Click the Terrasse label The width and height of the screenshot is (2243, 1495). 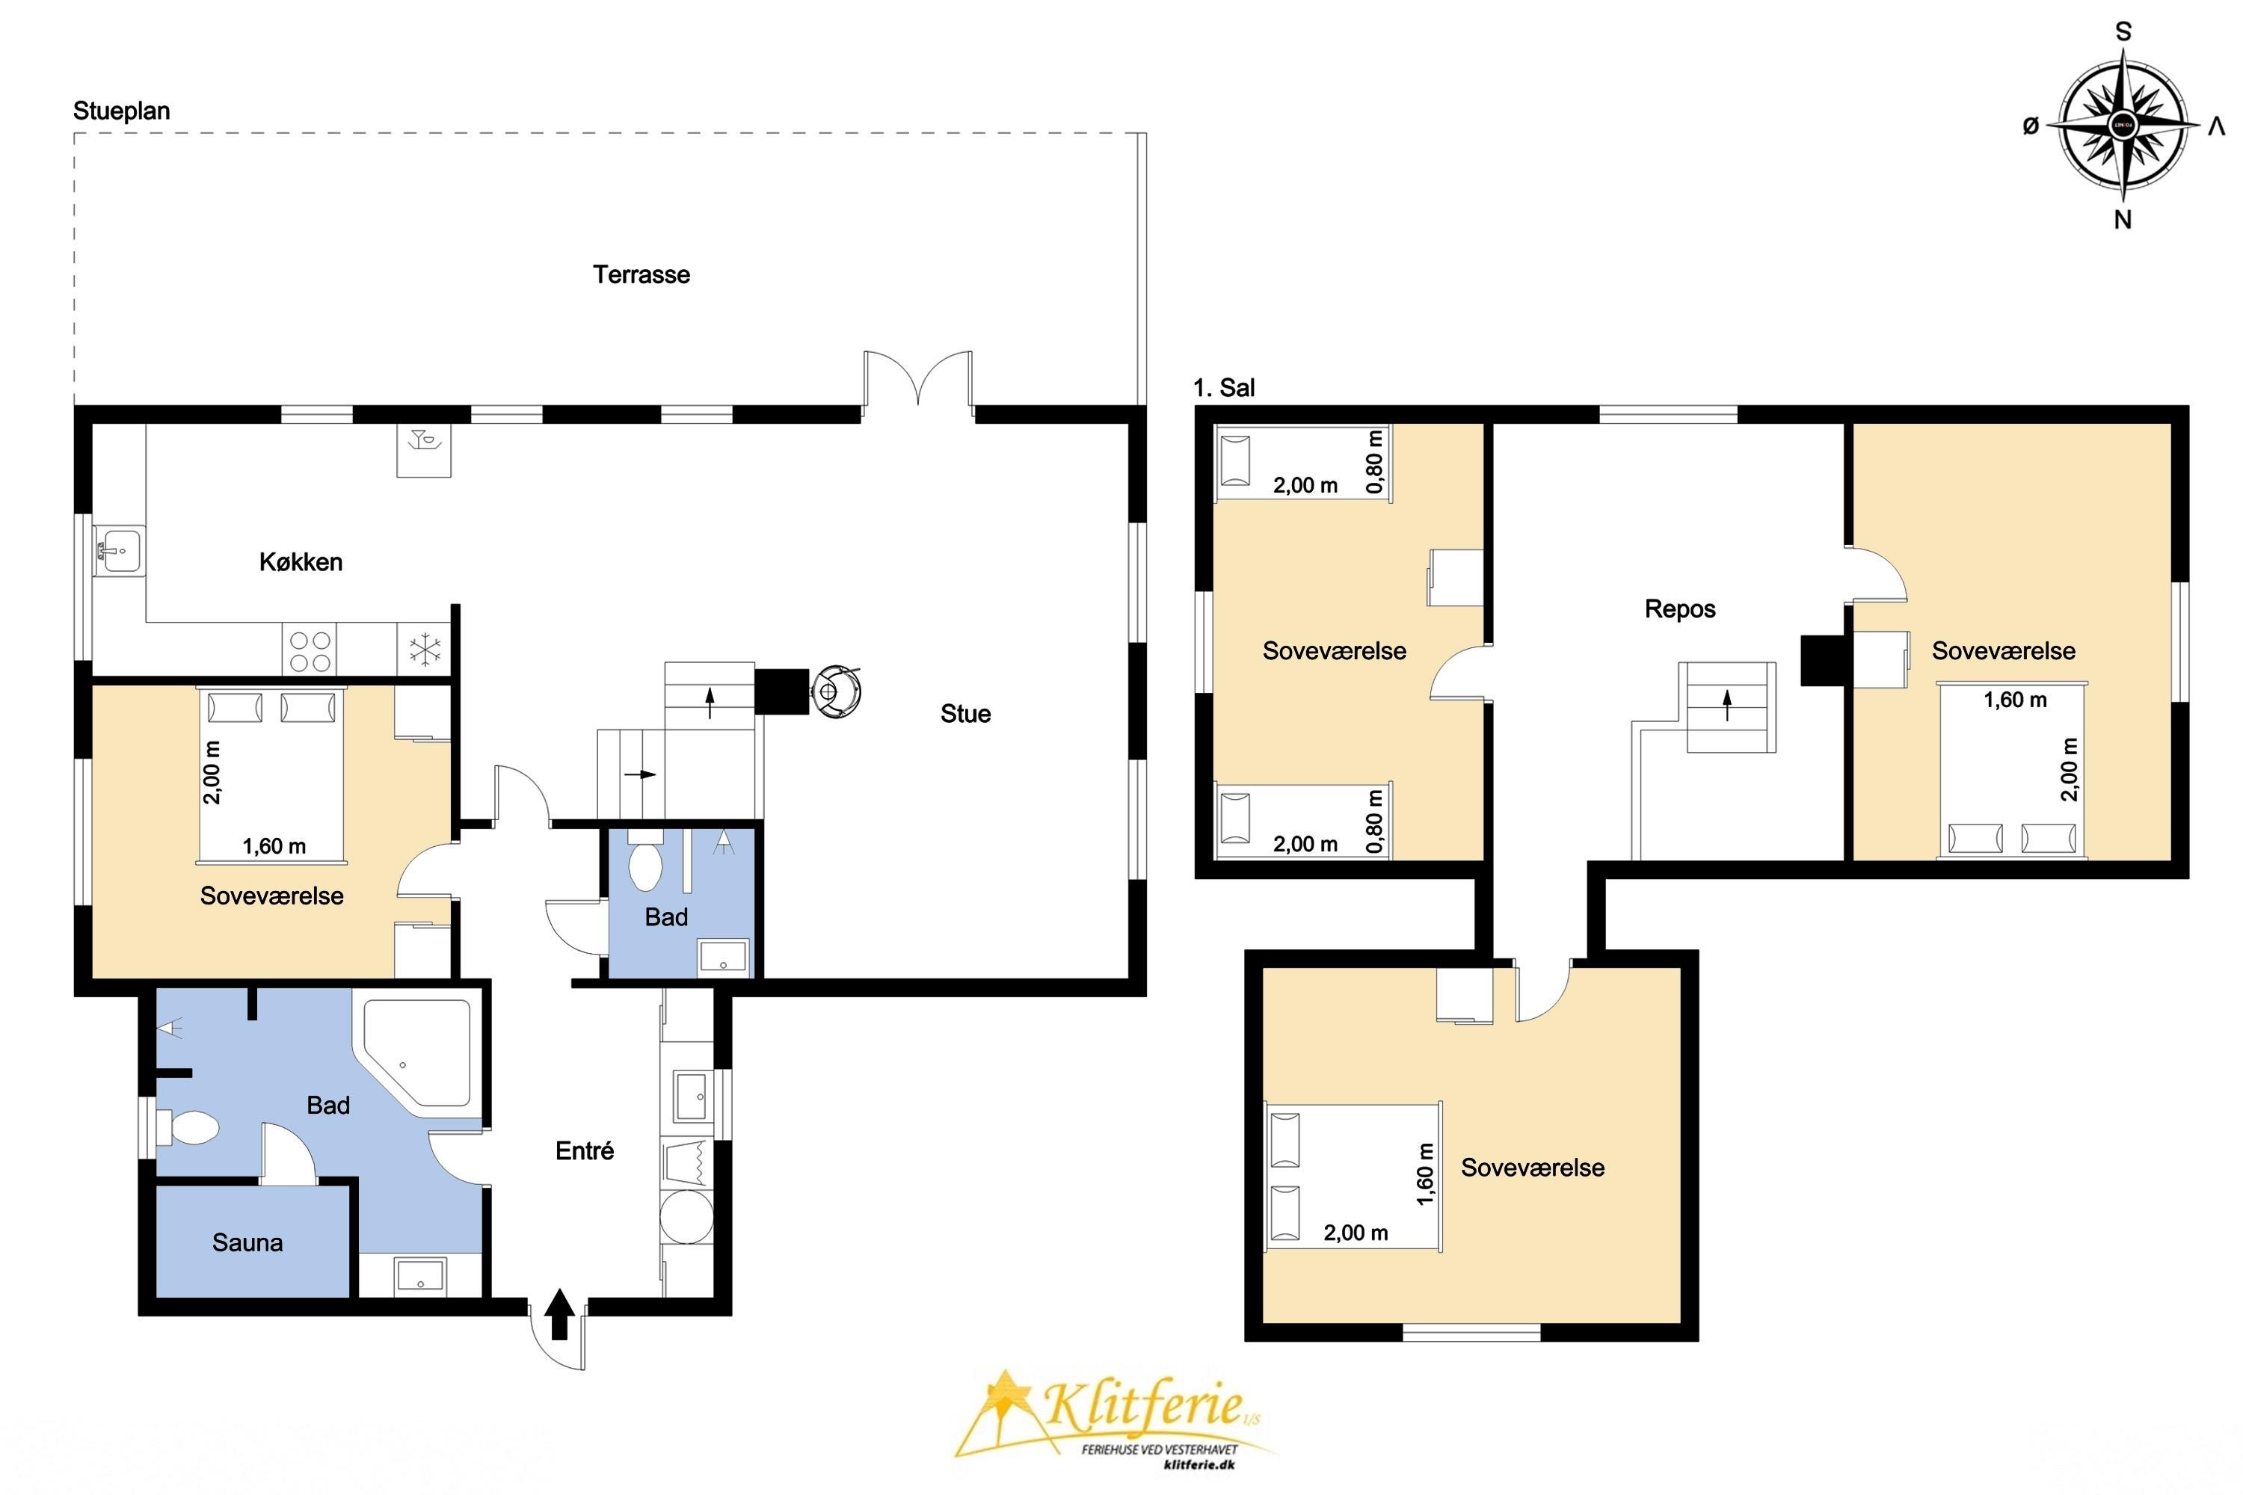641,274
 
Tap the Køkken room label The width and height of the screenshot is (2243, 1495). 301,561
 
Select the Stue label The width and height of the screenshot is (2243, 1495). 965,713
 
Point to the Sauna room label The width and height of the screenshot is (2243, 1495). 247,1242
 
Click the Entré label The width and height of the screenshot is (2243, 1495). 585,1151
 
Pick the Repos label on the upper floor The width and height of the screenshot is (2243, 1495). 1679,608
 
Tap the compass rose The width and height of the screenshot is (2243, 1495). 2123,125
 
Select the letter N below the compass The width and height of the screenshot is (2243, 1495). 2122,221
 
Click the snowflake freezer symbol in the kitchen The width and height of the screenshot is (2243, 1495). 425,650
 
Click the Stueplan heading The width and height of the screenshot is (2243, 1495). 122,111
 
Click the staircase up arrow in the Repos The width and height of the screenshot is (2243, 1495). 1727,706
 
